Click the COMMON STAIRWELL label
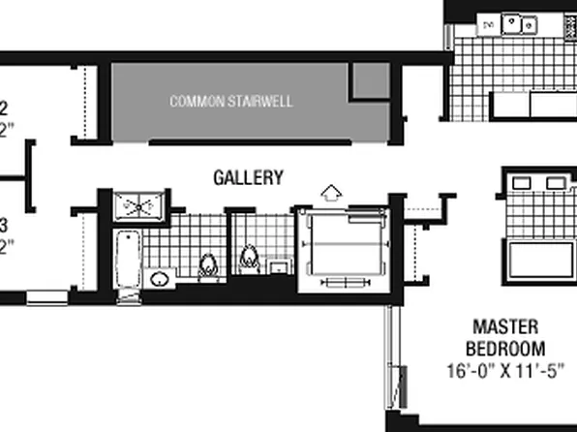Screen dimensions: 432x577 [x=230, y=101]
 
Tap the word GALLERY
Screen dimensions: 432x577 [x=248, y=177]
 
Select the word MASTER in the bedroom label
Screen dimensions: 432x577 [x=504, y=327]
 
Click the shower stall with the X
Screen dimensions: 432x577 [x=139, y=205]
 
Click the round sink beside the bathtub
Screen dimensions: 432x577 [x=160, y=279]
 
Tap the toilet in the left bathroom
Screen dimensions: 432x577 [x=207, y=265]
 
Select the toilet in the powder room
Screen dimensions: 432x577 [x=249, y=259]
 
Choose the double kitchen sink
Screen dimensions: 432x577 [x=518, y=24]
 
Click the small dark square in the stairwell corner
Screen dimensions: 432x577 [x=369, y=81]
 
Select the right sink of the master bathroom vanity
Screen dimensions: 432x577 [x=555, y=182]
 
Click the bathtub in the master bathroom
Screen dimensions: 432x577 [x=538, y=258]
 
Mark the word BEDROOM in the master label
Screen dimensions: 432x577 [x=504, y=348]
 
